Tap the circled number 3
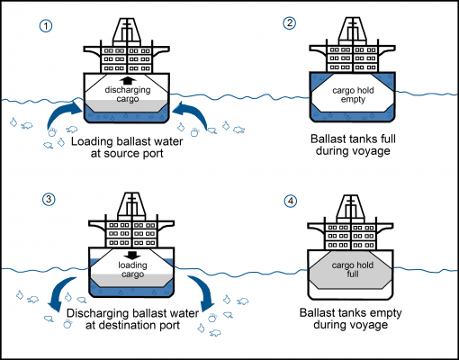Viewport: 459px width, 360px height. (x=46, y=199)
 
